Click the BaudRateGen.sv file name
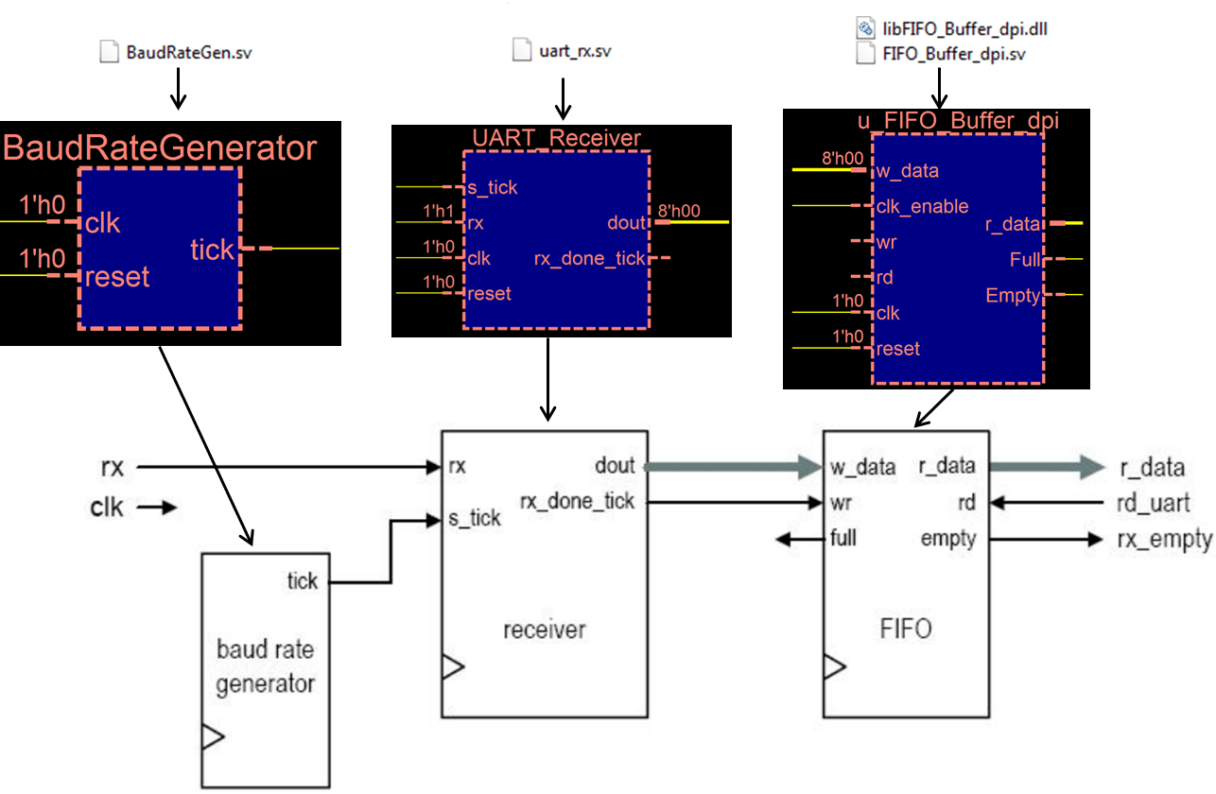(189, 52)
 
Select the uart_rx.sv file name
(575, 51)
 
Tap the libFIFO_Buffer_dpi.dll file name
(964, 29)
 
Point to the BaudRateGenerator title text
(159, 148)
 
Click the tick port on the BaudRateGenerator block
(212, 250)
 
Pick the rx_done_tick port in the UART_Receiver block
(590, 258)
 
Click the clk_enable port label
(923, 206)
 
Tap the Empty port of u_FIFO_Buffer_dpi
(1013, 295)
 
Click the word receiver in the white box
(545, 629)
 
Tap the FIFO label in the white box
(906, 629)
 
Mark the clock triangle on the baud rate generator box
(213, 736)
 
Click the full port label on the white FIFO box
(843, 539)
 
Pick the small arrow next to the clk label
(158, 508)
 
